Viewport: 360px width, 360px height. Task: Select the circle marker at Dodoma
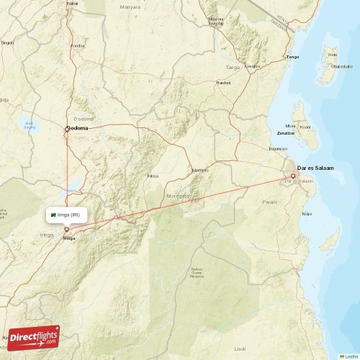click(x=67, y=129)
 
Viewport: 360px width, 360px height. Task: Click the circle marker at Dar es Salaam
click(x=293, y=176)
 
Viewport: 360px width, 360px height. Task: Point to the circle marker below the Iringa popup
click(x=67, y=230)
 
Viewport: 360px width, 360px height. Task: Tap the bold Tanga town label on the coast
click(x=292, y=56)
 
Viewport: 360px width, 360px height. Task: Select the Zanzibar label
click(x=286, y=134)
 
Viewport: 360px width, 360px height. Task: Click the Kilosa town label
click(x=153, y=175)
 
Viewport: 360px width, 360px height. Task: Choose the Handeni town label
click(x=224, y=83)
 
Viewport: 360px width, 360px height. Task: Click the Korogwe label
click(x=252, y=66)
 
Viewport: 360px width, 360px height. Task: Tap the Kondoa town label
click(x=77, y=45)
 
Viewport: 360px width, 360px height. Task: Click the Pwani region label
click(x=270, y=202)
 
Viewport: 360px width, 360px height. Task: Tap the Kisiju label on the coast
click(x=307, y=213)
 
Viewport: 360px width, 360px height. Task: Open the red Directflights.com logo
click(x=33, y=338)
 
